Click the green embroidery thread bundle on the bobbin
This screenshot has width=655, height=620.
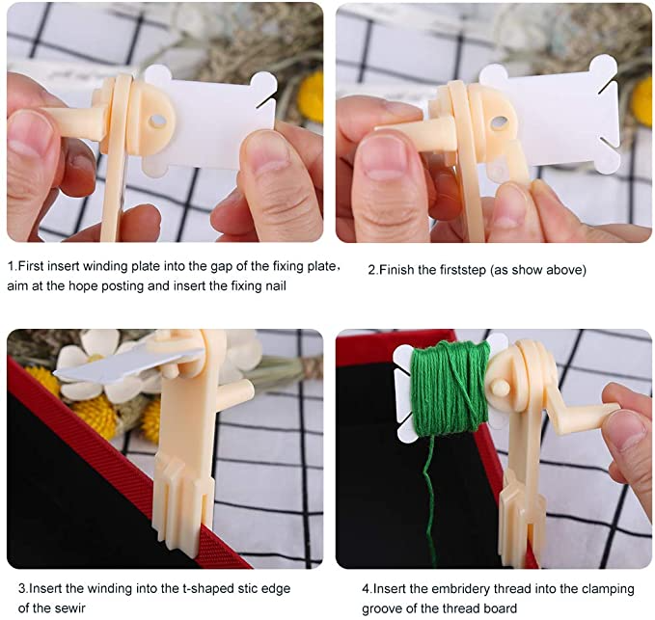click(x=450, y=389)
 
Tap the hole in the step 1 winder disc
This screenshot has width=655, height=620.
click(x=157, y=121)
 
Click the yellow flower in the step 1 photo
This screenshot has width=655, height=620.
click(x=311, y=96)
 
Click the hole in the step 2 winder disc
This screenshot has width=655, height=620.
click(x=500, y=122)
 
